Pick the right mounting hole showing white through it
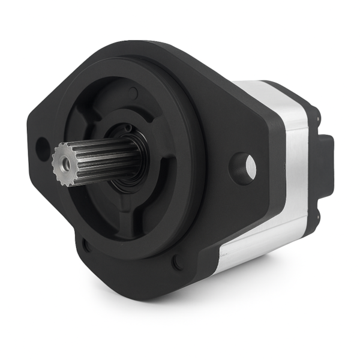click(250, 167)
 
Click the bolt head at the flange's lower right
click(177, 262)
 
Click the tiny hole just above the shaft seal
click(127, 128)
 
